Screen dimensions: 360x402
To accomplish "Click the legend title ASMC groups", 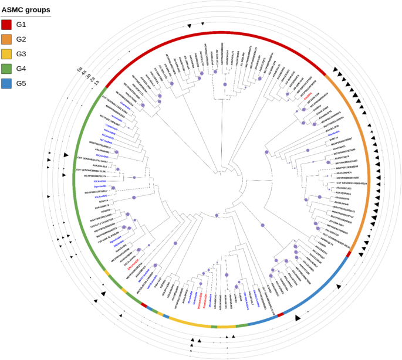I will [x=25, y=10].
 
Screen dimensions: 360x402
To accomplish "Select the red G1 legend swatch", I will [x=7, y=25].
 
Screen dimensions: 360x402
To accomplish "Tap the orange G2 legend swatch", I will [x=7, y=39].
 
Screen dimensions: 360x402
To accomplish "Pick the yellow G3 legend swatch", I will [x=7, y=54].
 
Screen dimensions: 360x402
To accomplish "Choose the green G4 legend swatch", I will [x=7, y=69].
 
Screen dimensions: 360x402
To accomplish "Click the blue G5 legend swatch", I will [x=7, y=83].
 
